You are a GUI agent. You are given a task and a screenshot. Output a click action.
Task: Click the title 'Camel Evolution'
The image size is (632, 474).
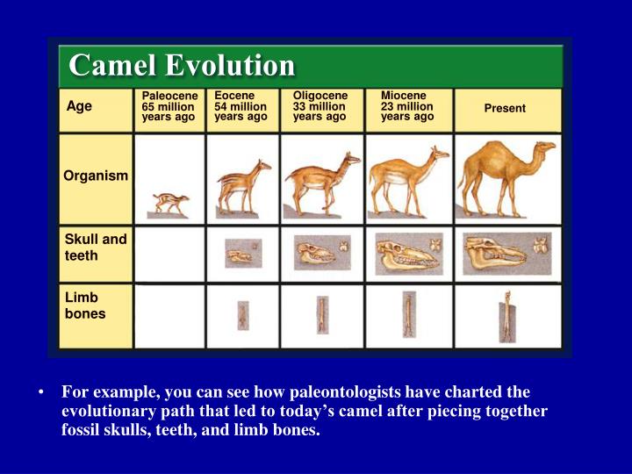click(x=182, y=65)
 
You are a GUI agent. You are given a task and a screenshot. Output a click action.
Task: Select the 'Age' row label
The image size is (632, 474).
click(x=79, y=106)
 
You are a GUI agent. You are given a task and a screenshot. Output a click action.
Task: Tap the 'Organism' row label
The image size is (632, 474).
click(x=95, y=176)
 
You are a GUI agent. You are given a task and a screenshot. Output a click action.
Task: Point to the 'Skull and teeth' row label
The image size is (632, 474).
click(x=96, y=247)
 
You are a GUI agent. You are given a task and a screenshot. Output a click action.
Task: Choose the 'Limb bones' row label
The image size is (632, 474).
click(x=85, y=306)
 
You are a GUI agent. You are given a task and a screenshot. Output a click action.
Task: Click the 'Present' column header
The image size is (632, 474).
click(x=505, y=108)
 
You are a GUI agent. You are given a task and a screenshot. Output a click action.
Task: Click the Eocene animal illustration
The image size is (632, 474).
click(x=243, y=187)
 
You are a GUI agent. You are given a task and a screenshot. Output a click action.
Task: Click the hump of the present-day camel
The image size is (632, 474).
click(x=492, y=151)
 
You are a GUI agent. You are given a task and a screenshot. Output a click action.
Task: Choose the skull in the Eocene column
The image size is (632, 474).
click(x=239, y=256)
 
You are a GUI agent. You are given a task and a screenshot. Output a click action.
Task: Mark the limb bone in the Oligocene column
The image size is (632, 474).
click(x=322, y=314)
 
